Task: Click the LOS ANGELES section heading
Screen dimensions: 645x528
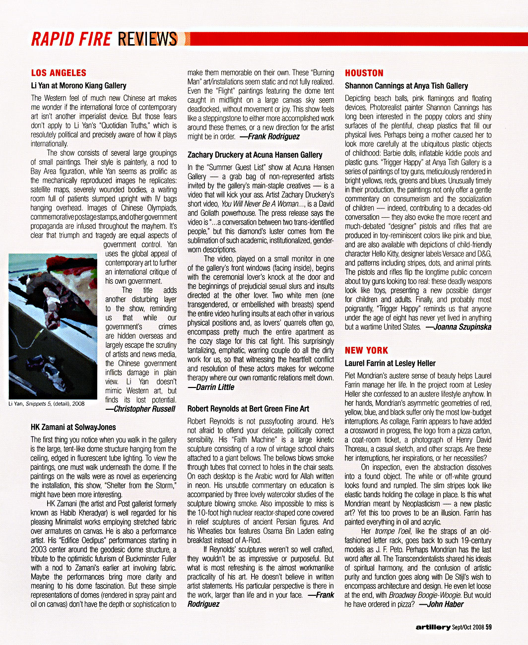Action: [59, 73]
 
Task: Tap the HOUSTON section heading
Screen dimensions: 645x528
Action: [364, 73]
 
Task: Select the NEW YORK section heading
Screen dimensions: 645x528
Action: [366, 350]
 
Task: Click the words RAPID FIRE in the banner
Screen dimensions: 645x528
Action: [71, 39]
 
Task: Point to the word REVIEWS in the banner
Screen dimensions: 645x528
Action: [147, 39]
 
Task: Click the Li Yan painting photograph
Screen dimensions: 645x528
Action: [53, 326]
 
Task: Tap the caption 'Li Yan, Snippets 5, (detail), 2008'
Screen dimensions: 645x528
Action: [47, 403]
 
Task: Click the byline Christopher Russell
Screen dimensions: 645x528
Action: [141, 409]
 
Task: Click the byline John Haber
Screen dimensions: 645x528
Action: [442, 604]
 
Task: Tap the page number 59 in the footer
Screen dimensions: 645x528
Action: [489, 627]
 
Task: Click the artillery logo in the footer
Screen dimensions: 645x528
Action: [433, 627]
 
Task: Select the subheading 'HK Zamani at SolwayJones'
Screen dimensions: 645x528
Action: [73, 427]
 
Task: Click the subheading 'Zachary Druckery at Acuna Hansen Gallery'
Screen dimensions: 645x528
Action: [255, 155]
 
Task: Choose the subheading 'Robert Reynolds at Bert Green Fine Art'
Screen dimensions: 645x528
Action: [248, 409]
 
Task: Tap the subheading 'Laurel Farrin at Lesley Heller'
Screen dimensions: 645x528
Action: [390, 363]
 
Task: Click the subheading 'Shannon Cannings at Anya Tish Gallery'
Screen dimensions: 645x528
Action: [406, 86]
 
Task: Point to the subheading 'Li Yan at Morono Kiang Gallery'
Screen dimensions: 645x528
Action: [78, 86]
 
